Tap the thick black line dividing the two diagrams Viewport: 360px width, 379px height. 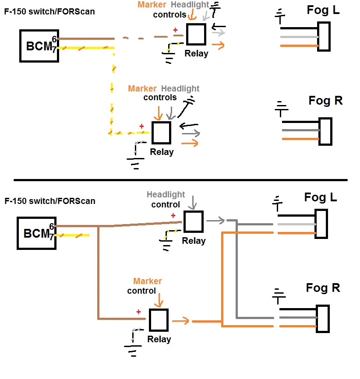(x=180, y=180)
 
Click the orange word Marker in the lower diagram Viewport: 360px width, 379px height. (x=148, y=281)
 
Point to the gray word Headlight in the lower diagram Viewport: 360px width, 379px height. (x=166, y=194)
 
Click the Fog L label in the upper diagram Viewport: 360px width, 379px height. (x=323, y=10)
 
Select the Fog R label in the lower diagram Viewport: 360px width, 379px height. (x=323, y=288)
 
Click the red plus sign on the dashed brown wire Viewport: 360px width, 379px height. (x=176, y=30)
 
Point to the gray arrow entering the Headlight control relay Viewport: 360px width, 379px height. (x=193, y=203)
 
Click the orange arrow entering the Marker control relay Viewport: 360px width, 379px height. (x=159, y=300)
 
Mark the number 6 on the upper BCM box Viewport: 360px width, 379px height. (x=54, y=39)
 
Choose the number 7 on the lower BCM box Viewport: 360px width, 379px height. (x=52, y=237)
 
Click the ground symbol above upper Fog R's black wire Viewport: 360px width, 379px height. (x=281, y=109)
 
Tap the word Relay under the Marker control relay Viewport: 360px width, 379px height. (x=159, y=339)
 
